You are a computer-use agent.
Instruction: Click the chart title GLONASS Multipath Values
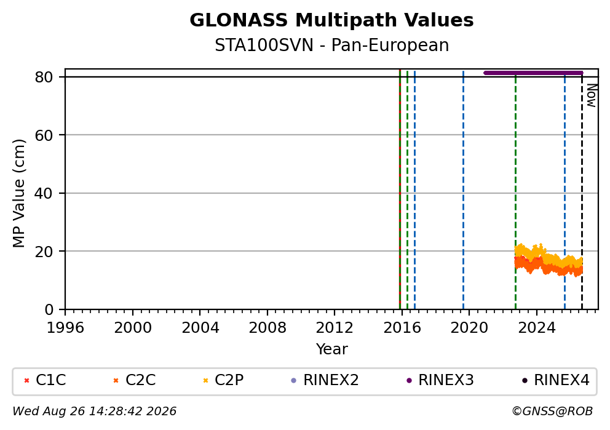[331, 20]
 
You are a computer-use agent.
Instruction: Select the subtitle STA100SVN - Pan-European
[332, 45]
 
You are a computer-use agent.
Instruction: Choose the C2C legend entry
[135, 380]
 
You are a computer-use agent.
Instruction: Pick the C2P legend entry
[224, 380]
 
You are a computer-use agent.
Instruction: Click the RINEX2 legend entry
[325, 380]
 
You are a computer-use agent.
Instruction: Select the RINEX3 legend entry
[440, 380]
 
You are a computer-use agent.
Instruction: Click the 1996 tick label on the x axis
[65, 328]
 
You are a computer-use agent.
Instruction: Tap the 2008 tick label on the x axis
[267, 328]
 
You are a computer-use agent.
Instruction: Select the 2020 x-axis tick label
[469, 328]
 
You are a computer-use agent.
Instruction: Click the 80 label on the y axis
[44, 78]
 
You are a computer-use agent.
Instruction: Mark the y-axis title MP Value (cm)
[18, 193]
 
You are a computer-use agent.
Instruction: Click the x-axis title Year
[332, 349]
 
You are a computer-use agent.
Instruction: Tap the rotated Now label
[592, 95]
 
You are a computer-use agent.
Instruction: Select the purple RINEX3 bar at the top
[533, 73]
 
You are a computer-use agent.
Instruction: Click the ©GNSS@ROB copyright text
[552, 411]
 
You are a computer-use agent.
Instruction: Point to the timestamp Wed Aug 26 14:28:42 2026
[95, 411]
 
